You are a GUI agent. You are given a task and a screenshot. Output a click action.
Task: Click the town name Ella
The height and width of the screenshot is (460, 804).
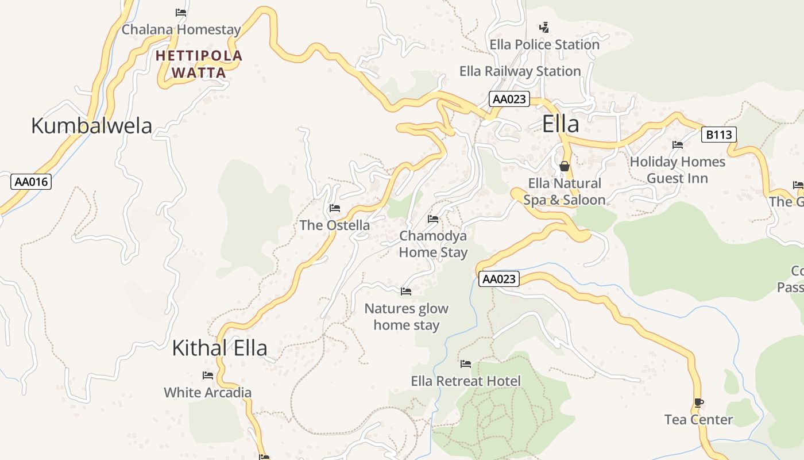coord(561,124)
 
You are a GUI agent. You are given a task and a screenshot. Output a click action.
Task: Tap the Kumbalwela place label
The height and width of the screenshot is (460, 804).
coord(91,126)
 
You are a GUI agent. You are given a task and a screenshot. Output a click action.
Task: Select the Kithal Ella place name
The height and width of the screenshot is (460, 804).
coord(219,348)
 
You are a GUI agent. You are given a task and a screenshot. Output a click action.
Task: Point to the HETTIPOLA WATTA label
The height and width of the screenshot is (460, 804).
coord(199,64)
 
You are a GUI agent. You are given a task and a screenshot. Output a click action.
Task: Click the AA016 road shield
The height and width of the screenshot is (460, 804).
coord(32,182)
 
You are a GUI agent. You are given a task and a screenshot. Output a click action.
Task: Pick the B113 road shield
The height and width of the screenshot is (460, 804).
coord(718,135)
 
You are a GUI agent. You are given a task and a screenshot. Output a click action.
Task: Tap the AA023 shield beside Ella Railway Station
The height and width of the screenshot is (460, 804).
coord(509,99)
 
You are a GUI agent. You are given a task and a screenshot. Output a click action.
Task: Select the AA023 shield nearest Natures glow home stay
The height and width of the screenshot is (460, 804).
coord(499,279)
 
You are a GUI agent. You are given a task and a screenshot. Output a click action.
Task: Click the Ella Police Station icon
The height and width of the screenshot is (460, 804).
coord(544,27)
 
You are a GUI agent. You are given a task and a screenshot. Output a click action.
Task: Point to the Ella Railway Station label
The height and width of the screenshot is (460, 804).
coord(520,71)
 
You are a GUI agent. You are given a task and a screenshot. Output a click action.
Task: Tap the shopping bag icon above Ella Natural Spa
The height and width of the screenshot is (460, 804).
coord(565,167)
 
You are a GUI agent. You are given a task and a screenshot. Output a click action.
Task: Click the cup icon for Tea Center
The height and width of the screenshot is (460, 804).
coord(698,403)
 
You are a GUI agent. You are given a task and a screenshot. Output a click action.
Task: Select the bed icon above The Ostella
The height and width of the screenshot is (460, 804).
coord(335,208)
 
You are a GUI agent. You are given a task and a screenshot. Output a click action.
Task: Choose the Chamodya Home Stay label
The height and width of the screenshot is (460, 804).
coord(433,244)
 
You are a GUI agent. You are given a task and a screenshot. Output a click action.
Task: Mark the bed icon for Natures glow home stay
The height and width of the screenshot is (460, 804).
coord(406,292)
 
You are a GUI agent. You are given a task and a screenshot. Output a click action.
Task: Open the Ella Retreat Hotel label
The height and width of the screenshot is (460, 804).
coord(466,381)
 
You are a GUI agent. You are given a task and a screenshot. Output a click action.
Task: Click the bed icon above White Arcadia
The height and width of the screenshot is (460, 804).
coord(208,375)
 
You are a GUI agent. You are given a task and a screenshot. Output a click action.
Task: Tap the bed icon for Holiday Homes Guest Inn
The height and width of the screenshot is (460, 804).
coord(678,145)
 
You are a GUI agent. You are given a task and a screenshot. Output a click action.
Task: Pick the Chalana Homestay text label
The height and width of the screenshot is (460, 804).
coord(181,29)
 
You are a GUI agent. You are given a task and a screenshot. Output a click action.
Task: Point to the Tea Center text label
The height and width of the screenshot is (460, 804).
coord(698,420)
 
